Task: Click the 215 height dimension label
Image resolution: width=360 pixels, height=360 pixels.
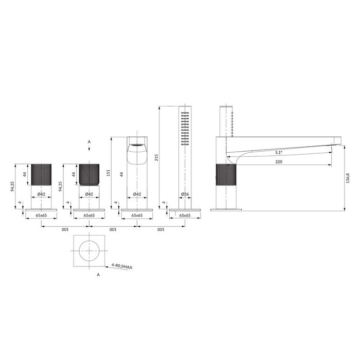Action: point(156,157)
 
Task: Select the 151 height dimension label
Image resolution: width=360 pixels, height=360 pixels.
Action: point(109,173)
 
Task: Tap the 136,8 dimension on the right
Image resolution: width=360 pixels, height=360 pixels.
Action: point(348,178)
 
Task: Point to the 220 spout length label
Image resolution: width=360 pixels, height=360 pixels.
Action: point(279,161)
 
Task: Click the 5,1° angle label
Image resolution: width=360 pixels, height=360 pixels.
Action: point(279,152)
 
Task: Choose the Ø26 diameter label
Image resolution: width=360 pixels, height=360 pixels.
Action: point(185,194)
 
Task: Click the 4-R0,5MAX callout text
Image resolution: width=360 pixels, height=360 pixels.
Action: point(122,266)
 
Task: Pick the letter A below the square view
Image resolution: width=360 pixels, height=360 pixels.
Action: point(98,275)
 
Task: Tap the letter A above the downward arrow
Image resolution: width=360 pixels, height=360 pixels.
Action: point(89,142)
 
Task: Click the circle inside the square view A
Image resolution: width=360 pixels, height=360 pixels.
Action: point(89,241)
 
